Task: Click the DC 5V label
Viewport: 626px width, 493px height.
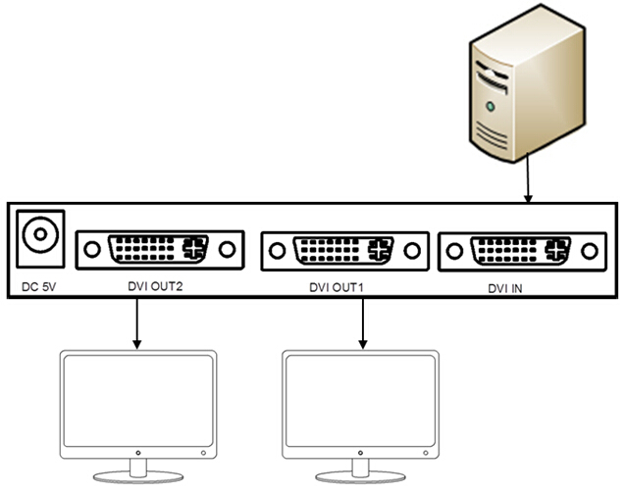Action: (x=40, y=287)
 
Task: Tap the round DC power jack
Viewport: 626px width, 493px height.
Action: (x=41, y=236)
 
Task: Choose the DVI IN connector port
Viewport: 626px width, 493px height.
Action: (x=521, y=252)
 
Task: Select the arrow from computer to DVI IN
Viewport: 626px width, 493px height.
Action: (x=531, y=180)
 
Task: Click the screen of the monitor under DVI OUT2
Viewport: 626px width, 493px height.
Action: (x=137, y=401)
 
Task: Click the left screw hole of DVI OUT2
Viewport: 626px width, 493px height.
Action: (x=91, y=250)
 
